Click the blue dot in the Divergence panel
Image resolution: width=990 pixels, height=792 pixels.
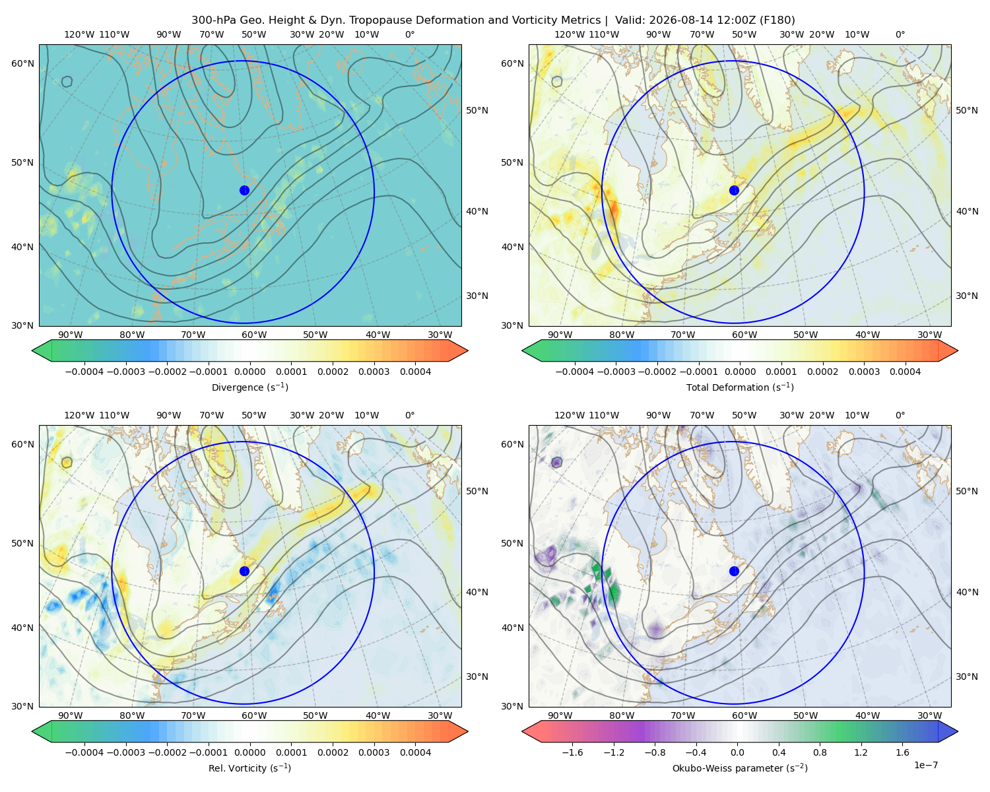pyautogui.click(x=244, y=191)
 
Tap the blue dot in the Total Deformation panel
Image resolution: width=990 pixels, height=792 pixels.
pyautogui.click(x=734, y=191)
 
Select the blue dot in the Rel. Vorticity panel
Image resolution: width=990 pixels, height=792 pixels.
pyautogui.click(x=244, y=571)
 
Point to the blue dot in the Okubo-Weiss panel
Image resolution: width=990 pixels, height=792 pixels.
pyautogui.click(x=734, y=571)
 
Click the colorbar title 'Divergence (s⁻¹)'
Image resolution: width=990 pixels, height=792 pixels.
pyautogui.click(x=249, y=387)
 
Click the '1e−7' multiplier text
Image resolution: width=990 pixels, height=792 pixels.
pyautogui.click(x=925, y=765)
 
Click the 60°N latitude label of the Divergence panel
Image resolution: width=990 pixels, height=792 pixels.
pyautogui.click(x=22, y=63)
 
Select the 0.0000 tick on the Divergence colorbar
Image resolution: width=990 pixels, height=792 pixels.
pyautogui.click(x=249, y=372)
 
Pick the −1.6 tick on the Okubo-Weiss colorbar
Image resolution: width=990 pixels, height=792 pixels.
pyautogui.click(x=572, y=752)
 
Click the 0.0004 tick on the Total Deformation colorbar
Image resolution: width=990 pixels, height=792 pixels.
pyautogui.click(x=905, y=372)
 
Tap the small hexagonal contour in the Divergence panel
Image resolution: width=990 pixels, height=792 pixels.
pyautogui.click(x=67, y=82)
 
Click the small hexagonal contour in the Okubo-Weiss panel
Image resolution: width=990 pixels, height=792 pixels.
pyautogui.click(x=557, y=462)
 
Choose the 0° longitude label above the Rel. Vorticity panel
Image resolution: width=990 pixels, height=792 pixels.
pyautogui.click(x=410, y=415)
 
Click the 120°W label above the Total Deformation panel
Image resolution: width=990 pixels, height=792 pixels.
pyautogui.click(x=570, y=34)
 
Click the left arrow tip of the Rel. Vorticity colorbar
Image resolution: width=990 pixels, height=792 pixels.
pyautogui.click(x=32, y=731)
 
